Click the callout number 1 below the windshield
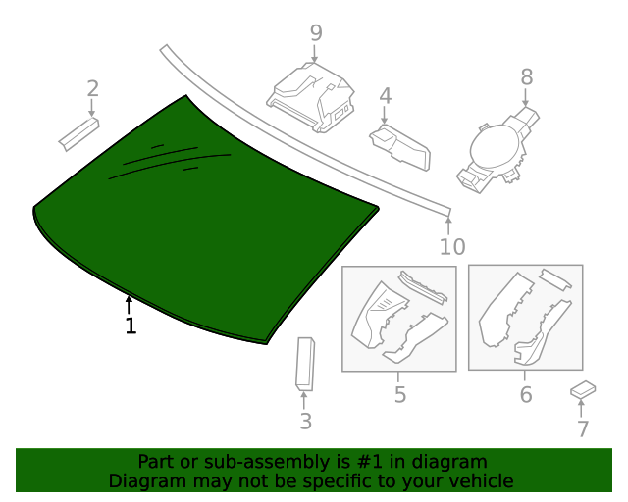click(x=131, y=326)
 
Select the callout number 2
click(x=93, y=89)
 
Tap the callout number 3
click(x=305, y=422)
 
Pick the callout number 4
click(x=386, y=96)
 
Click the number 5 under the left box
click(x=399, y=395)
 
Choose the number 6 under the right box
click(x=525, y=395)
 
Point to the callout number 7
click(x=583, y=428)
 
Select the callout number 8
click(x=526, y=75)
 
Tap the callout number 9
click(x=316, y=33)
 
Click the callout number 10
click(x=451, y=247)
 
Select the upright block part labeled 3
click(x=304, y=362)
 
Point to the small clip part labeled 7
click(x=583, y=390)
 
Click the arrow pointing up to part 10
click(x=449, y=224)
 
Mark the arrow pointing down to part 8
click(x=526, y=98)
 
